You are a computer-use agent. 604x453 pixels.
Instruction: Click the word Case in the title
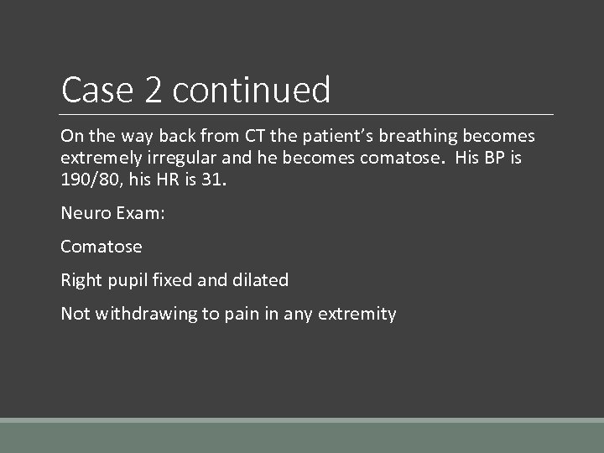pos(96,90)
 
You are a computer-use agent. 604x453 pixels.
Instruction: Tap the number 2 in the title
pos(154,90)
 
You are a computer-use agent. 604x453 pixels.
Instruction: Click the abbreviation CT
pos(253,136)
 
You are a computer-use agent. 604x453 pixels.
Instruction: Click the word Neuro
pos(83,213)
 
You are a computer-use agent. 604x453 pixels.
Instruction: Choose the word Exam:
pos(138,213)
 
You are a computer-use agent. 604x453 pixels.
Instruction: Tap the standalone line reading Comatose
pos(102,247)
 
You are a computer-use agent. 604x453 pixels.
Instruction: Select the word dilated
pos(259,280)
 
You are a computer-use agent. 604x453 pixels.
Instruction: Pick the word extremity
pos(360,314)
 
